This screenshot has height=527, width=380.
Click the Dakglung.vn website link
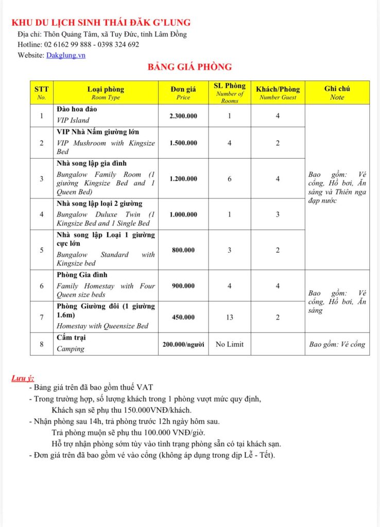click(65, 56)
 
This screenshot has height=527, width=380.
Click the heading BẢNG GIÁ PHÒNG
click(190, 67)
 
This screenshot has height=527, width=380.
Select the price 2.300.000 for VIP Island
click(183, 116)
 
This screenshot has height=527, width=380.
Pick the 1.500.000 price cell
click(183, 143)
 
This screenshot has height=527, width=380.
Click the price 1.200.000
click(183, 179)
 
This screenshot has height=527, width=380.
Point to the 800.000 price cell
click(183, 250)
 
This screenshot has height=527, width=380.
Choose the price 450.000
click(183, 317)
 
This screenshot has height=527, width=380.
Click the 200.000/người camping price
click(183, 344)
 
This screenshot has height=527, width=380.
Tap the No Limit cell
click(230, 344)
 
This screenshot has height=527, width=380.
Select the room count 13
click(230, 317)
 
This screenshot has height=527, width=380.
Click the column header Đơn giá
click(183, 89)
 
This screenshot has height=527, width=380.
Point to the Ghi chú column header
click(337, 89)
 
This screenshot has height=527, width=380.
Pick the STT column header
click(42, 89)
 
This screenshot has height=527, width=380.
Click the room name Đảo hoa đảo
click(76, 110)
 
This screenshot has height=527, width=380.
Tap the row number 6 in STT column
click(42, 286)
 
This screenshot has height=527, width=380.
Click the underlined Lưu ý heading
click(23, 379)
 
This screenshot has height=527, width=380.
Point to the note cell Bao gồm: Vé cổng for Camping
click(337, 344)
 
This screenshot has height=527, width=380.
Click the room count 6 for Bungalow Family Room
click(230, 179)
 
